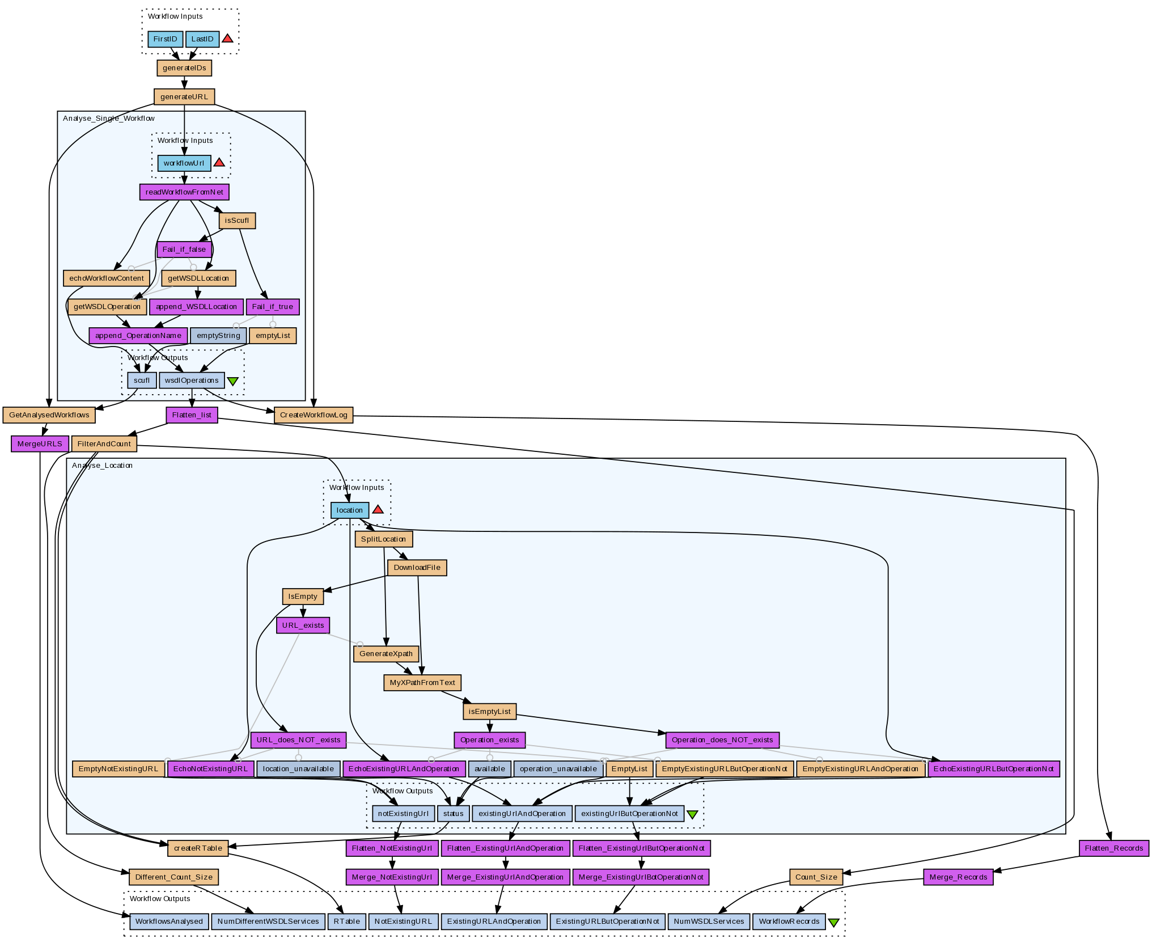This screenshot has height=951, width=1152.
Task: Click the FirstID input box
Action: [x=165, y=39]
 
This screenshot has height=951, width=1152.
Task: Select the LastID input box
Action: [x=202, y=39]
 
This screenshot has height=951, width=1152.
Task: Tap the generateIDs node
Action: [x=184, y=68]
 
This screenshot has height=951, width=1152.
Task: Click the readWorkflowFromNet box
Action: [x=184, y=192]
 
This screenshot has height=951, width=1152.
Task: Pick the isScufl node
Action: [x=237, y=221]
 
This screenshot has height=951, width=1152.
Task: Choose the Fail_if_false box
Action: [x=184, y=250]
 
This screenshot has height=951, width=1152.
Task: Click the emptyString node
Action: [x=218, y=336]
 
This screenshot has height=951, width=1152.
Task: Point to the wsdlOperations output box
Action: [x=192, y=381]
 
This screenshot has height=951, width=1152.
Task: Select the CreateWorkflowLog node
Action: [x=314, y=415]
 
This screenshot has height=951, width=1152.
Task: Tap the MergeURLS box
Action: [x=40, y=444]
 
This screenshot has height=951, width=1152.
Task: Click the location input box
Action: [x=350, y=510]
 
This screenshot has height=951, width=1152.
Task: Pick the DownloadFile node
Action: [x=417, y=568]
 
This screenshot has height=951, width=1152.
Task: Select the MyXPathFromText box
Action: [x=422, y=683]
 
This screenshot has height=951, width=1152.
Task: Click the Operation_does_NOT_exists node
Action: [x=722, y=740]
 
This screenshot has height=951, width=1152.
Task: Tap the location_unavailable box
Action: [x=299, y=769]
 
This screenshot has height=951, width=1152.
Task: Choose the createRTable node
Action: [x=198, y=848]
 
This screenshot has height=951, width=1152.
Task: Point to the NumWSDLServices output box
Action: [x=709, y=922]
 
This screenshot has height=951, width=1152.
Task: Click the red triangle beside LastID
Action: [x=227, y=39]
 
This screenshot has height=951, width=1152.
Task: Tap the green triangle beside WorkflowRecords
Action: [x=833, y=923]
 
